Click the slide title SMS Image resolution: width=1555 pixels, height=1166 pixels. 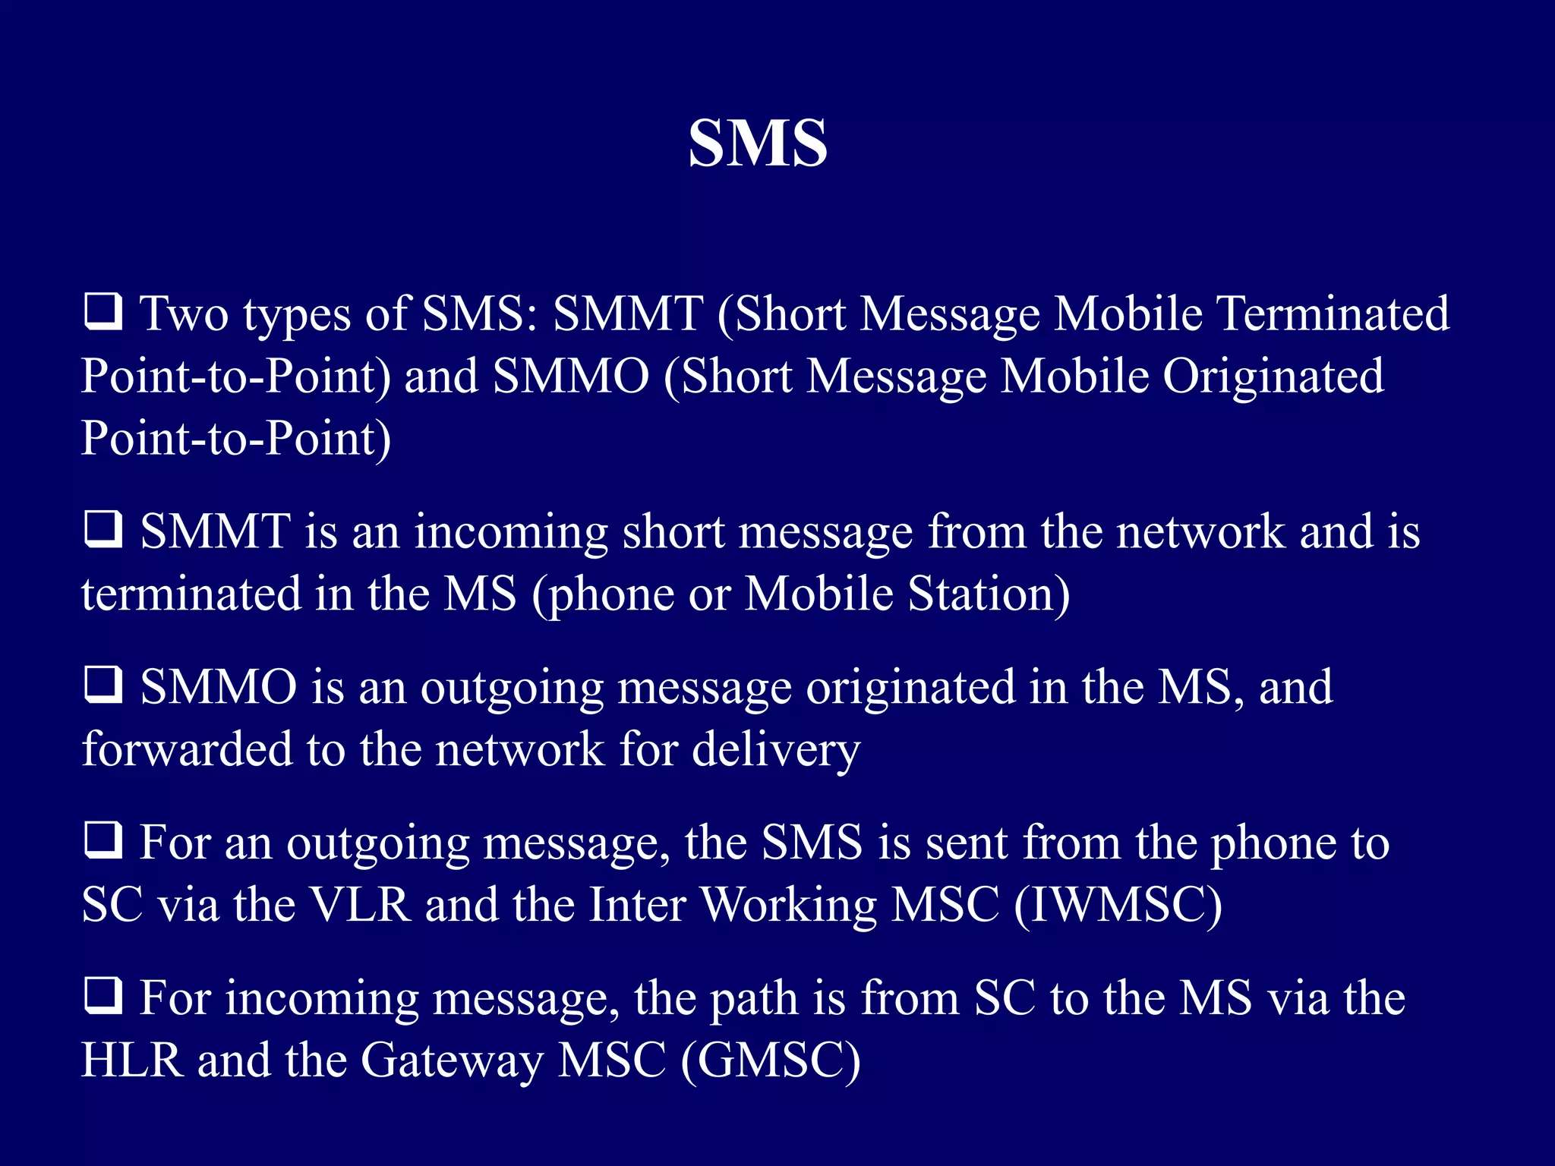(x=757, y=143)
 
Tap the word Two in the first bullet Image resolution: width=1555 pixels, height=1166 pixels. (x=184, y=314)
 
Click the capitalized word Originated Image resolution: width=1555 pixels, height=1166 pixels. (x=1273, y=376)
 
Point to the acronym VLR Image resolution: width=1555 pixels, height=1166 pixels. (x=360, y=905)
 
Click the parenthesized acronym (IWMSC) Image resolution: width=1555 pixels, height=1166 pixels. (x=1118, y=905)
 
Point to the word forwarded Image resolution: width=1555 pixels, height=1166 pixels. (x=187, y=749)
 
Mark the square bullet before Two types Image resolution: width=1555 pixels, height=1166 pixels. (x=103, y=312)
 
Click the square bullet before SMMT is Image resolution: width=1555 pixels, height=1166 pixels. (x=103, y=529)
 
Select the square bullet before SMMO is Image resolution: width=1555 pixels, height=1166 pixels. (x=103, y=685)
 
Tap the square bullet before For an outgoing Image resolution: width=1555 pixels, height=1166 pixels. (x=103, y=840)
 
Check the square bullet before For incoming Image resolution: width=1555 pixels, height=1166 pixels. (x=103, y=996)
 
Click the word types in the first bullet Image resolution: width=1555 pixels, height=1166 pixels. (x=297, y=315)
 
